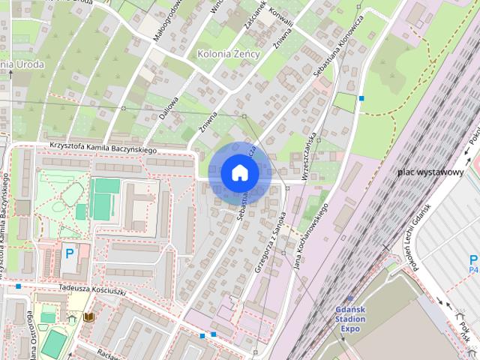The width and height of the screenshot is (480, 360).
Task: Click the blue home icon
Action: coord(239,173)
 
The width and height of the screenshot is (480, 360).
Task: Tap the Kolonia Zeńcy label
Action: coord(228,54)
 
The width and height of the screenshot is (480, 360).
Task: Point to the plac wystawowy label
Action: coord(430,172)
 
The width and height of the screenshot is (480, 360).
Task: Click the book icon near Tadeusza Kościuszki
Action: coord(89,317)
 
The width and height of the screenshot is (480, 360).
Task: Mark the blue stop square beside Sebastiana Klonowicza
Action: coord(361,98)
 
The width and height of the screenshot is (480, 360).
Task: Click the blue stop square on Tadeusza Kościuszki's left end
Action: coord(18,286)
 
